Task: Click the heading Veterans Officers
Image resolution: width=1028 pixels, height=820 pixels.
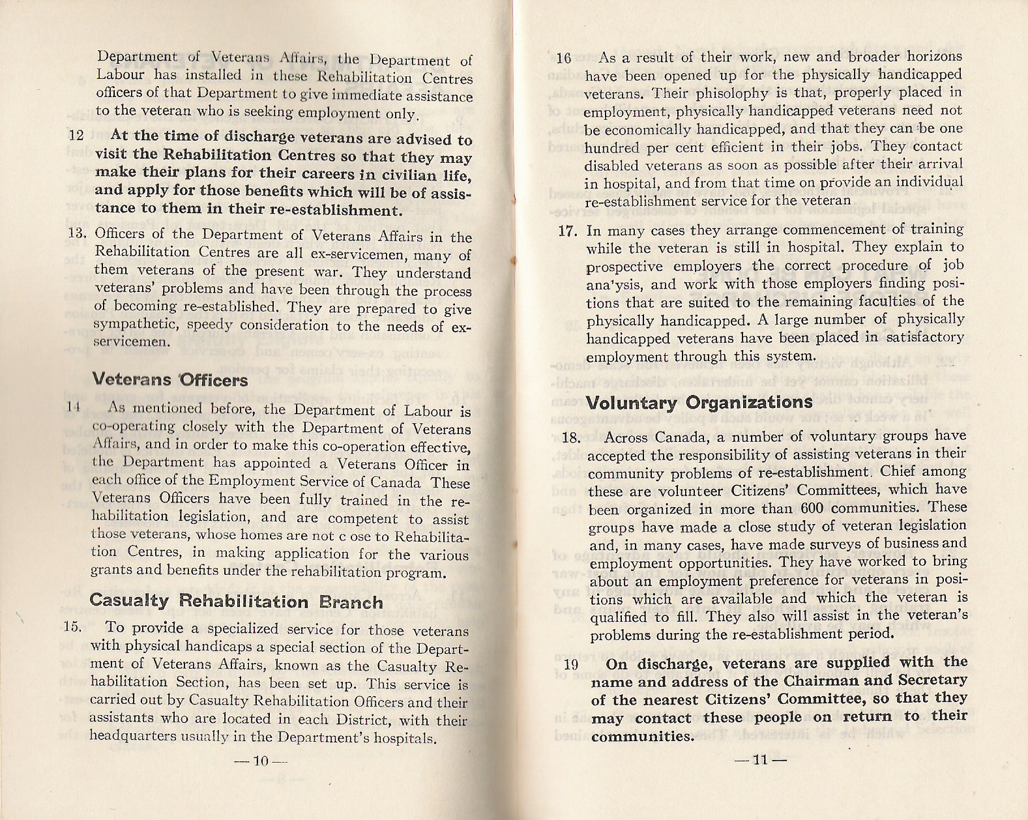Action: [x=169, y=379]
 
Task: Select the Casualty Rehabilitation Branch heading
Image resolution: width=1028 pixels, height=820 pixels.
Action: [x=236, y=601]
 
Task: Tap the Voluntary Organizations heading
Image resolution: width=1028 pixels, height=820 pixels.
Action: [x=699, y=402]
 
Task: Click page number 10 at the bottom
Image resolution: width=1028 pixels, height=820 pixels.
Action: [x=261, y=761]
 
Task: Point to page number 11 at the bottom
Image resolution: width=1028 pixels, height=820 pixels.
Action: [x=760, y=760]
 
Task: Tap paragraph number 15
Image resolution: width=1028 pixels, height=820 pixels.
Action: [x=72, y=627]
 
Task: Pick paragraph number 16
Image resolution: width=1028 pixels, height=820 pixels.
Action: [x=564, y=58]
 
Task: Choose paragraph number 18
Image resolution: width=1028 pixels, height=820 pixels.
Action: [x=570, y=437]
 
